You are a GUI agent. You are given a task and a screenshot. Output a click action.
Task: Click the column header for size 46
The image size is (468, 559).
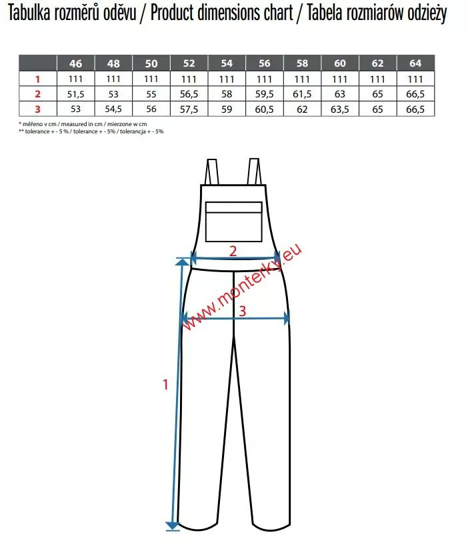coord(75,63)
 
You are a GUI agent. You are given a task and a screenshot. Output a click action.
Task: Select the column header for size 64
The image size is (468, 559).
coord(415,63)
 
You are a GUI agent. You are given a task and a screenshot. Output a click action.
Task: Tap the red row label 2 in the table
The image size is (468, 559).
coord(38,94)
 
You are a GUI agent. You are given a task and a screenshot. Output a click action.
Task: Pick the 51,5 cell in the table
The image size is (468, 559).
coord(75,94)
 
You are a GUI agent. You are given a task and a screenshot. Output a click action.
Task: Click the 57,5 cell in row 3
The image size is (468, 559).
coord(189,109)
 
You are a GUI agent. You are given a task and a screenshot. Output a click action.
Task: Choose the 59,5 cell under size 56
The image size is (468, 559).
coord(264,94)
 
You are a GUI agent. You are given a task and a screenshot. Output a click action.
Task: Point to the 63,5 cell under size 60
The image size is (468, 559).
coord(340,109)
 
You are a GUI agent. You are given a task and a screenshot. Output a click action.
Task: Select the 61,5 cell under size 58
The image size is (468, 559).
coord(302,94)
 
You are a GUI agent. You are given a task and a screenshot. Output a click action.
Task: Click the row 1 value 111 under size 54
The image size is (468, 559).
coord(227,79)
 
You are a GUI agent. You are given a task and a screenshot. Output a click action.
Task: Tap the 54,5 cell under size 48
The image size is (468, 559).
coord(113,109)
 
